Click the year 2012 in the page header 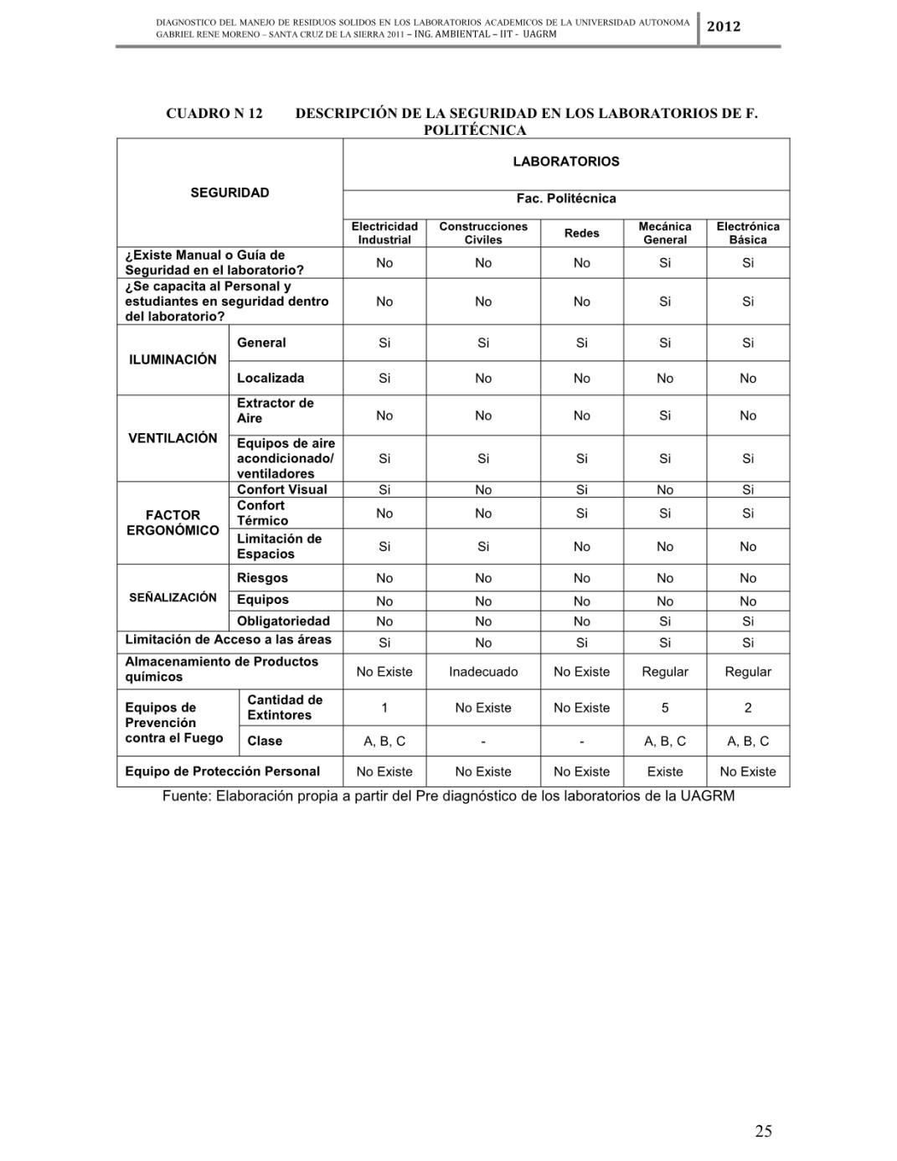click(x=724, y=27)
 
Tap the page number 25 click(x=763, y=1131)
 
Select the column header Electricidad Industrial click(x=384, y=233)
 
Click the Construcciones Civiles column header click(x=483, y=233)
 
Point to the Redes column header click(x=581, y=233)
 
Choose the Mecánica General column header click(x=665, y=233)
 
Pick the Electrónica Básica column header click(x=748, y=233)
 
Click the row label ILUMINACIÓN click(x=173, y=359)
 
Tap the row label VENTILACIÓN click(x=173, y=438)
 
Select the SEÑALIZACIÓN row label click(x=173, y=597)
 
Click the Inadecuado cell click(x=483, y=672)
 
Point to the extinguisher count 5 click(x=665, y=708)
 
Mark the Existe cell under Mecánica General click(x=665, y=771)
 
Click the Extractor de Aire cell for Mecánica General click(x=665, y=415)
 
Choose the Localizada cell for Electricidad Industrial click(x=384, y=379)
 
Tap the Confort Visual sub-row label click(x=282, y=489)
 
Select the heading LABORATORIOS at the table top click(x=566, y=162)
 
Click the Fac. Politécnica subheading click(x=566, y=199)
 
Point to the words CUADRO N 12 click(x=214, y=113)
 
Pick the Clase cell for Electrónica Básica click(x=748, y=741)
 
